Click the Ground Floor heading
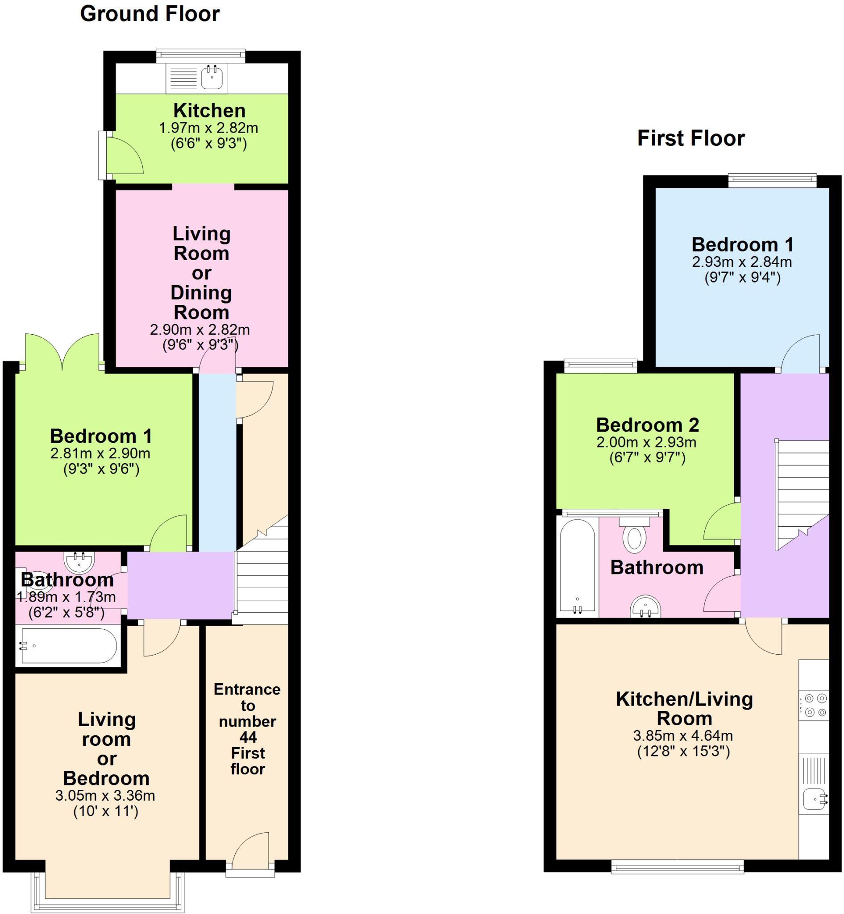click(x=150, y=14)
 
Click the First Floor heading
click(x=690, y=138)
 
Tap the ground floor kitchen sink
click(x=212, y=77)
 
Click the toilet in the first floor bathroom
click(x=634, y=539)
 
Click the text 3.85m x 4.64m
click(x=683, y=735)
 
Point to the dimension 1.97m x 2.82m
click(x=208, y=128)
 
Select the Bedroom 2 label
click(x=647, y=425)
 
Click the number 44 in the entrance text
click(x=248, y=737)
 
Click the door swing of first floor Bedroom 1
click(x=800, y=354)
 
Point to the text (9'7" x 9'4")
click(x=742, y=277)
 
